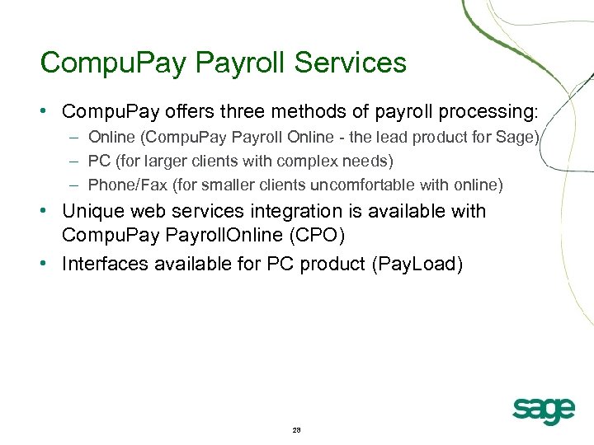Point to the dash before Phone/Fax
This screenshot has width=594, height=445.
pyautogui.click(x=75, y=185)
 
